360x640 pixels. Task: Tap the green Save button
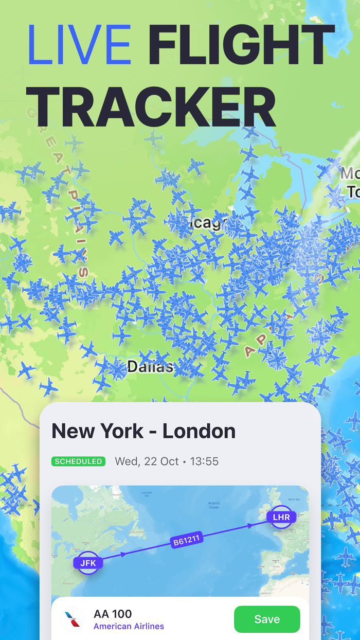tap(266, 619)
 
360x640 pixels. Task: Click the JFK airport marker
tap(88, 563)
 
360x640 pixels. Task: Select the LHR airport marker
tap(281, 517)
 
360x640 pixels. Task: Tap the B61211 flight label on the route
tap(187, 540)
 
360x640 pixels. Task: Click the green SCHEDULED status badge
tap(78, 461)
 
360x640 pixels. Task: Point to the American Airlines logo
tap(73, 619)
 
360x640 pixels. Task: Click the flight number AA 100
tap(113, 613)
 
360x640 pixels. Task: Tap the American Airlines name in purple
tap(129, 626)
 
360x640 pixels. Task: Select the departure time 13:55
tap(204, 461)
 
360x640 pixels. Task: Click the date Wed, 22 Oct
tap(147, 461)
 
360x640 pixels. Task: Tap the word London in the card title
tap(199, 431)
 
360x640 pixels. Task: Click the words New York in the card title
tap(97, 431)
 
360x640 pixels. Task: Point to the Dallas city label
tap(150, 367)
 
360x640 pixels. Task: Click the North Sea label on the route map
tap(294, 500)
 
